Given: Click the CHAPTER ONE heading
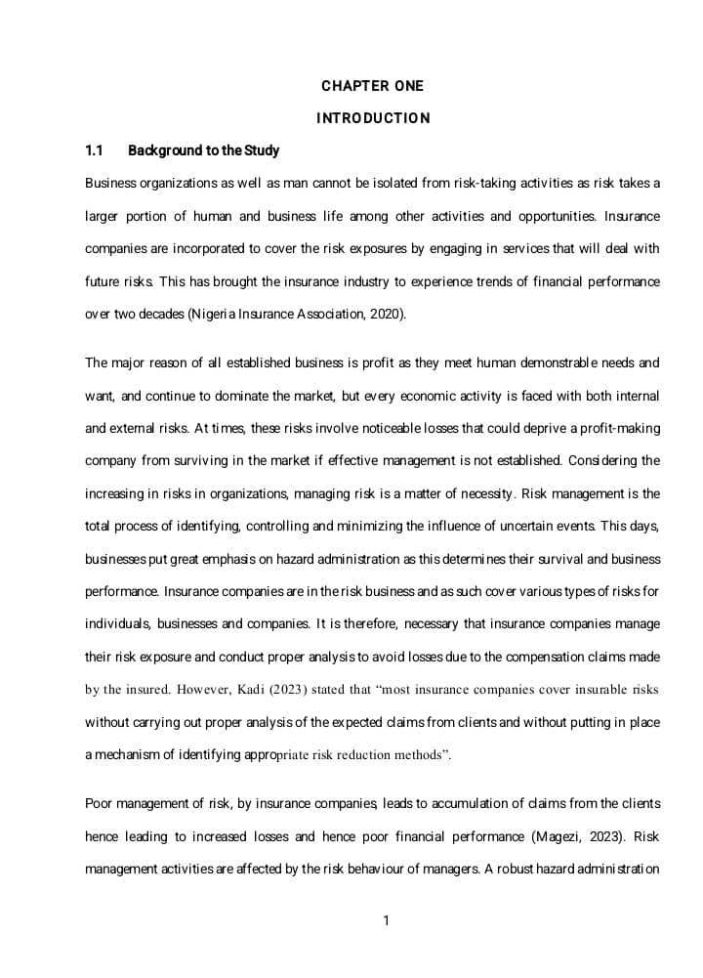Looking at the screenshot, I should coord(372,86).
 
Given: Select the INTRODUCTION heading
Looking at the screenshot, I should coord(372,118).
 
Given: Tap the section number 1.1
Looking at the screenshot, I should coord(94,150).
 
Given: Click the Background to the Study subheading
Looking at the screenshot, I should coord(203,150).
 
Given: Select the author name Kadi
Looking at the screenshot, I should coord(251,690).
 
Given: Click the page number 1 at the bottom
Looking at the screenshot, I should coord(387,920).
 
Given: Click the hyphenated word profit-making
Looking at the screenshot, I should coord(617,428).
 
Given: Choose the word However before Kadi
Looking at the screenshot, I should coord(202,690).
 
